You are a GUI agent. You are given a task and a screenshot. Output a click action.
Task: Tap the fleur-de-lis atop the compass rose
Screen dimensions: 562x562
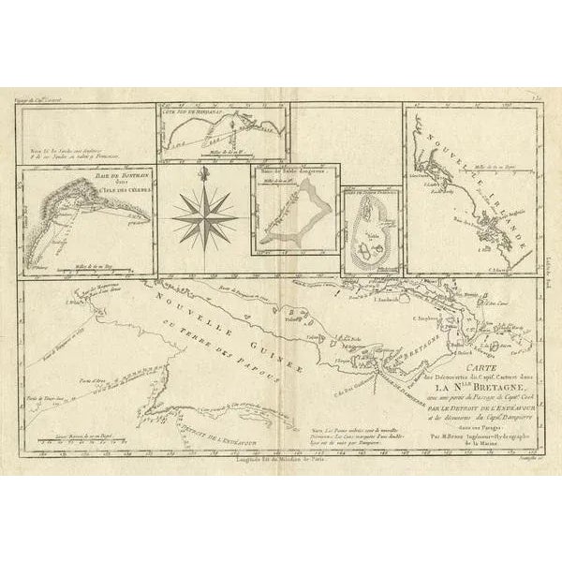(x=204, y=172)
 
